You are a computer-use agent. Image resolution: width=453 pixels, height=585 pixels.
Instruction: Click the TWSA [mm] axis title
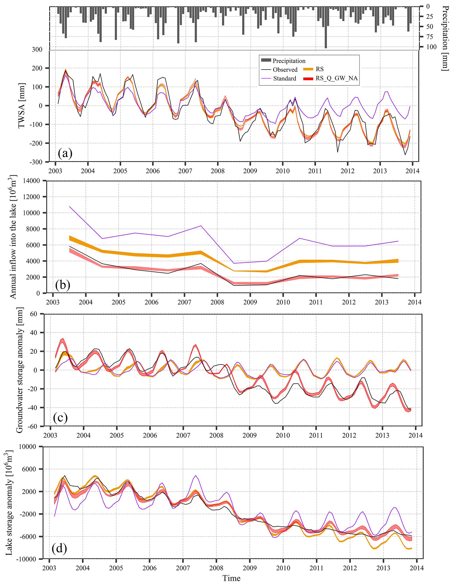tap(21, 106)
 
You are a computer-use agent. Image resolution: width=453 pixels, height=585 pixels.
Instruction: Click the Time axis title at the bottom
tap(231, 578)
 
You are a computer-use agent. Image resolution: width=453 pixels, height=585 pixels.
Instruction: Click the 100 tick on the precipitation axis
tap(431, 47)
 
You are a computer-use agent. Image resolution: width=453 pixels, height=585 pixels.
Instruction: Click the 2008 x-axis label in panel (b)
tap(217, 302)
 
